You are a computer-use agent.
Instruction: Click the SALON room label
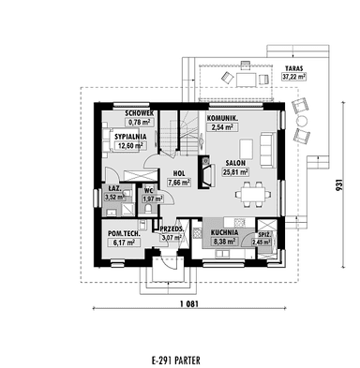tap(235, 163)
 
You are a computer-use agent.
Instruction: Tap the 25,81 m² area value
tap(235, 171)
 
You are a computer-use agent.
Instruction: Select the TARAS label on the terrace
tap(293, 68)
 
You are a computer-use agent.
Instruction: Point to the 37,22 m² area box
tap(293, 76)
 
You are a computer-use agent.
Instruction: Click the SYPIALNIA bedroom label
tap(130, 137)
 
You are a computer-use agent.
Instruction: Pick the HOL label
tap(179, 173)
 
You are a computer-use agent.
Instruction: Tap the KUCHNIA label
tap(224, 232)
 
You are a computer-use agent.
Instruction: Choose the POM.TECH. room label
tap(124, 233)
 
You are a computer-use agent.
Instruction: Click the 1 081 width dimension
tap(189, 303)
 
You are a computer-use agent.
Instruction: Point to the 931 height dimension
tap(340, 185)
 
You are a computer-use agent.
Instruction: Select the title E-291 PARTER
tap(176, 361)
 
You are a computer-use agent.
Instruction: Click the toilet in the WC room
tap(147, 208)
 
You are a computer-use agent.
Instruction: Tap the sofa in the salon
tap(268, 149)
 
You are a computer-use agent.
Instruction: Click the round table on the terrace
tap(302, 120)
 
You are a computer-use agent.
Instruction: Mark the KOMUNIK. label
tap(222, 118)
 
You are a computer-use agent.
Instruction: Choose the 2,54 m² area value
tap(222, 127)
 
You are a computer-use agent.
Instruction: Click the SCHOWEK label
tap(140, 113)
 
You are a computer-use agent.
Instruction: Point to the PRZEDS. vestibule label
tap(172, 229)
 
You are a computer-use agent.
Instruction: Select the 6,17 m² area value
tap(124, 242)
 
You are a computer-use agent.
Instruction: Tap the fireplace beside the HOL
tap(206, 172)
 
